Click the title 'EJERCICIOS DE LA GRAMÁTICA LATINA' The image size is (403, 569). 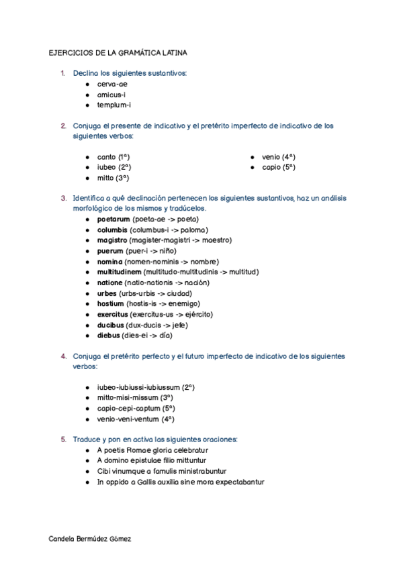(119, 52)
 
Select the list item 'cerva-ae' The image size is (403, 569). (112, 85)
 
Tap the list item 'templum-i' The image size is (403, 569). (114, 105)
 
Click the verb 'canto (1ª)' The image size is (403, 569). (114, 157)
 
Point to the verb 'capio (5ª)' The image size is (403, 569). (279, 167)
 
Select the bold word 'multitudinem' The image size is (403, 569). (120, 272)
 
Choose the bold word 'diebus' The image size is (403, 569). (109, 335)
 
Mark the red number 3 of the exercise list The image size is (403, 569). (63, 199)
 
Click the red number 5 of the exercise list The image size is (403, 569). (63, 439)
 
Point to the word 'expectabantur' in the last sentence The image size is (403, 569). (234, 481)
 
